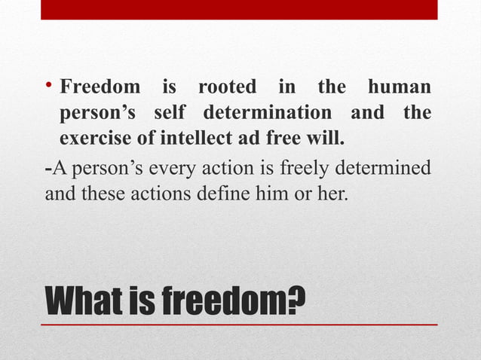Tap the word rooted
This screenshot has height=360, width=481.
[x=226, y=87]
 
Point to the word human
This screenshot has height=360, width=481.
[x=399, y=87]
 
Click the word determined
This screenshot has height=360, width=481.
[x=383, y=166]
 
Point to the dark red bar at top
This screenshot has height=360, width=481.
[x=239, y=9]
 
